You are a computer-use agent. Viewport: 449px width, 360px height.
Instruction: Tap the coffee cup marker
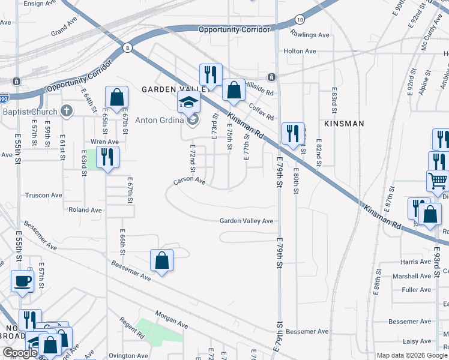pyautogui.click(x=23, y=281)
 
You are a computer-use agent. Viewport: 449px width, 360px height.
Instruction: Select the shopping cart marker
pyautogui.click(x=438, y=180)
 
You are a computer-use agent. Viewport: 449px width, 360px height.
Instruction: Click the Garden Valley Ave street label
pyautogui.click(x=246, y=221)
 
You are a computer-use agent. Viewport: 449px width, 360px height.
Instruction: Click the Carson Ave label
pyautogui.click(x=190, y=181)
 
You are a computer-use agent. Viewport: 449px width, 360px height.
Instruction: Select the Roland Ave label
pyautogui.click(x=85, y=210)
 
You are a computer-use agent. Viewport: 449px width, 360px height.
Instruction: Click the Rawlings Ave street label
pyautogui.click(x=310, y=35)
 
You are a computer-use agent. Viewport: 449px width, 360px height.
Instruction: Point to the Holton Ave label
pyautogui.click(x=300, y=52)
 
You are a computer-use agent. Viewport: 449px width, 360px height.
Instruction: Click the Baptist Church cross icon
pyautogui.click(x=67, y=112)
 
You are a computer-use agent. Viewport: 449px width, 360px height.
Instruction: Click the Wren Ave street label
pyautogui.click(x=104, y=142)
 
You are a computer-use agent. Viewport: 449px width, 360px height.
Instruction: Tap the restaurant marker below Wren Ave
pyautogui.click(x=107, y=157)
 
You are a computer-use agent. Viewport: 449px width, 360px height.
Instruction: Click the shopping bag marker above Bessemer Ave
pyautogui.click(x=161, y=260)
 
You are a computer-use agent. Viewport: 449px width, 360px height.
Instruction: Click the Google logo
pyautogui.click(x=20, y=353)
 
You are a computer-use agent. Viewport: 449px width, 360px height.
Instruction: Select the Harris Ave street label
pyautogui.click(x=416, y=262)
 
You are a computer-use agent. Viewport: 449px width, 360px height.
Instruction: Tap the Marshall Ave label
pyautogui.click(x=410, y=277)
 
